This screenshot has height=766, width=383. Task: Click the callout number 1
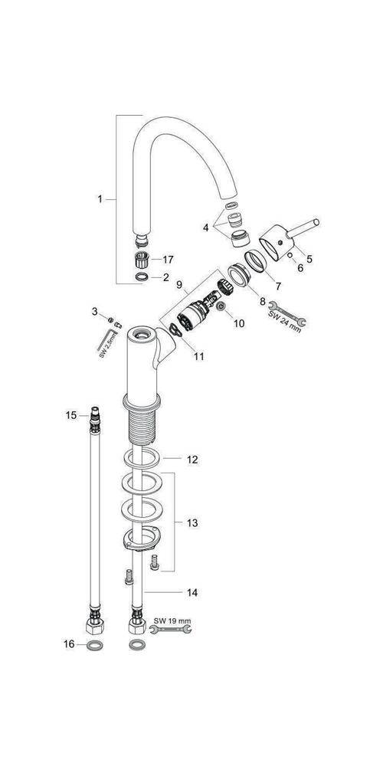click(100, 200)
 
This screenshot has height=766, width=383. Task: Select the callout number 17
click(168, 259)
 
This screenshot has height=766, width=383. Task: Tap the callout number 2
click(165, 277)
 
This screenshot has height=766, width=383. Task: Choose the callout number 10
click(238, 322)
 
